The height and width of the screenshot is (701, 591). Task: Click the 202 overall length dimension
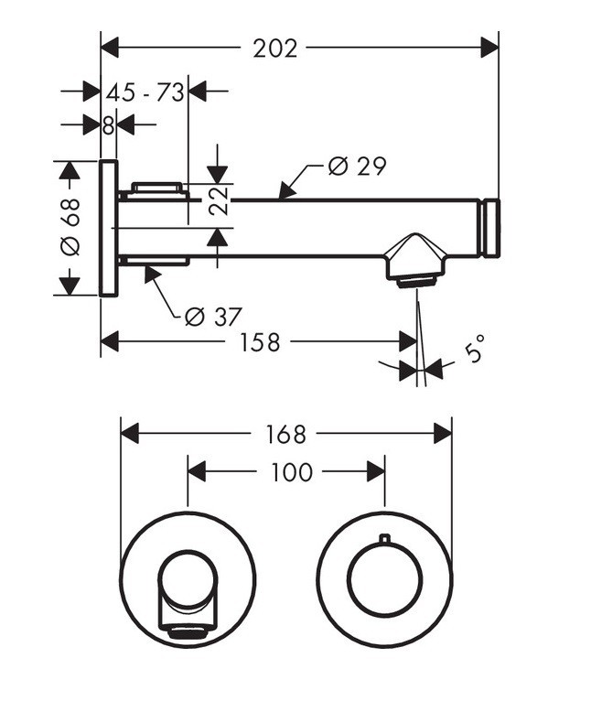[x=275, y=48]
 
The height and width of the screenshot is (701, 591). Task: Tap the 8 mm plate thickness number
[x=108, y=125]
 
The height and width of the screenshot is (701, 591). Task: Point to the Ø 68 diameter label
[x=70, y=227]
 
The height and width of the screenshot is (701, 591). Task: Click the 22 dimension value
[x=217, y=199]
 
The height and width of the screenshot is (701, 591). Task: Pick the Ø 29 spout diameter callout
[x=357, y=166]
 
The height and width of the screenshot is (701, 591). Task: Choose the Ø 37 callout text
[x=212, y=317]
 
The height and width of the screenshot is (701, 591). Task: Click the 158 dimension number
[x=260, y=342]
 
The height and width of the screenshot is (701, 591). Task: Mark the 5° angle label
[x=474, y=350]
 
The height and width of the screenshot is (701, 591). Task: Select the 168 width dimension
[x=286, y=433]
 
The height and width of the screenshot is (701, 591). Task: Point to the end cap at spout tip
[x=492, y=227]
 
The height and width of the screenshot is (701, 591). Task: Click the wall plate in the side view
[x=108, y=228]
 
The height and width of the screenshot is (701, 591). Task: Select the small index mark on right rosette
[x=385, y=538]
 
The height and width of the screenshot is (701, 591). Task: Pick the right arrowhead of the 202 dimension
[x=489, y=48]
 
